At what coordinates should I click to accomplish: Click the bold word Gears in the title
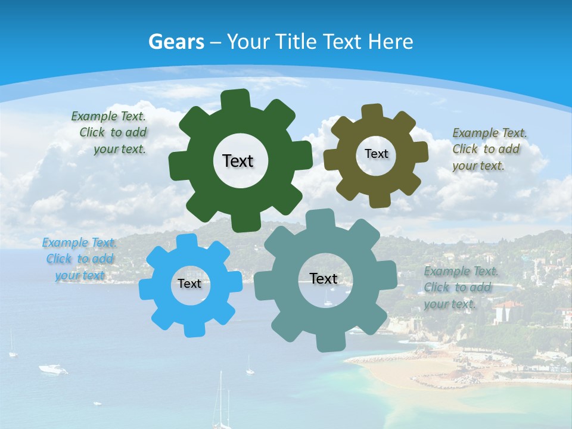pos(176,42)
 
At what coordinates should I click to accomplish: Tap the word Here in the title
pos(390,42)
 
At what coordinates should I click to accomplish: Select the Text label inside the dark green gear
pos(238,161)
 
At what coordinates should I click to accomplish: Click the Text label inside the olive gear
pos(376,154)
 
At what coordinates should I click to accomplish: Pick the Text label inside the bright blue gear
pos(189,284)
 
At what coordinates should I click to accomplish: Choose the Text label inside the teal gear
pos(324,279)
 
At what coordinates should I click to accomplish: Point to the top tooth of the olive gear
pos(372,111)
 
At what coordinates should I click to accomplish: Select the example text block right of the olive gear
pos(489,149)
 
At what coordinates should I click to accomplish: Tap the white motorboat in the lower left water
pos(53,369)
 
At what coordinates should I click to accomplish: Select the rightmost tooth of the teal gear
pos(388,277)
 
